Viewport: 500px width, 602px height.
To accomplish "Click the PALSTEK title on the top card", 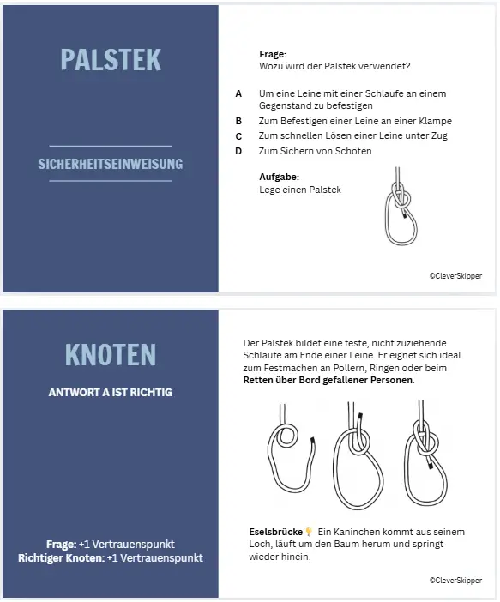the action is [111, 59].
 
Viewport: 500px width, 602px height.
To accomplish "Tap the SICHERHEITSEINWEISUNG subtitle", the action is [111, 163].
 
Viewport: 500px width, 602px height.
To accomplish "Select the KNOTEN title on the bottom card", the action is [111, 354].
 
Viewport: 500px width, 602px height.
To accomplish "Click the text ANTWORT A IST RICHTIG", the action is [111, 392].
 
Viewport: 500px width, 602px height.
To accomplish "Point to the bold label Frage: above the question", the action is [273, 54].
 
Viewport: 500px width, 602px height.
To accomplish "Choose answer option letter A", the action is [238, 93].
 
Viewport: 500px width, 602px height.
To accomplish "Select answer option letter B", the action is [238, 121].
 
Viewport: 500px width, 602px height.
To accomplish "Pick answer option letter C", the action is [238, 135].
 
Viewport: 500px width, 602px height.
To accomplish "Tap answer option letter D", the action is [238, 151].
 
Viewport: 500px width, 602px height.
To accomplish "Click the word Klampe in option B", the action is [434, 121].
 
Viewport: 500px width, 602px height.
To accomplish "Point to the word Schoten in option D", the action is [354, 151].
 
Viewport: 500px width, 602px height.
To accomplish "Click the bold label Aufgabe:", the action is [279, 177].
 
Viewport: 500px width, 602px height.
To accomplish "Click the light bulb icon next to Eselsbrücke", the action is [309, 532].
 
